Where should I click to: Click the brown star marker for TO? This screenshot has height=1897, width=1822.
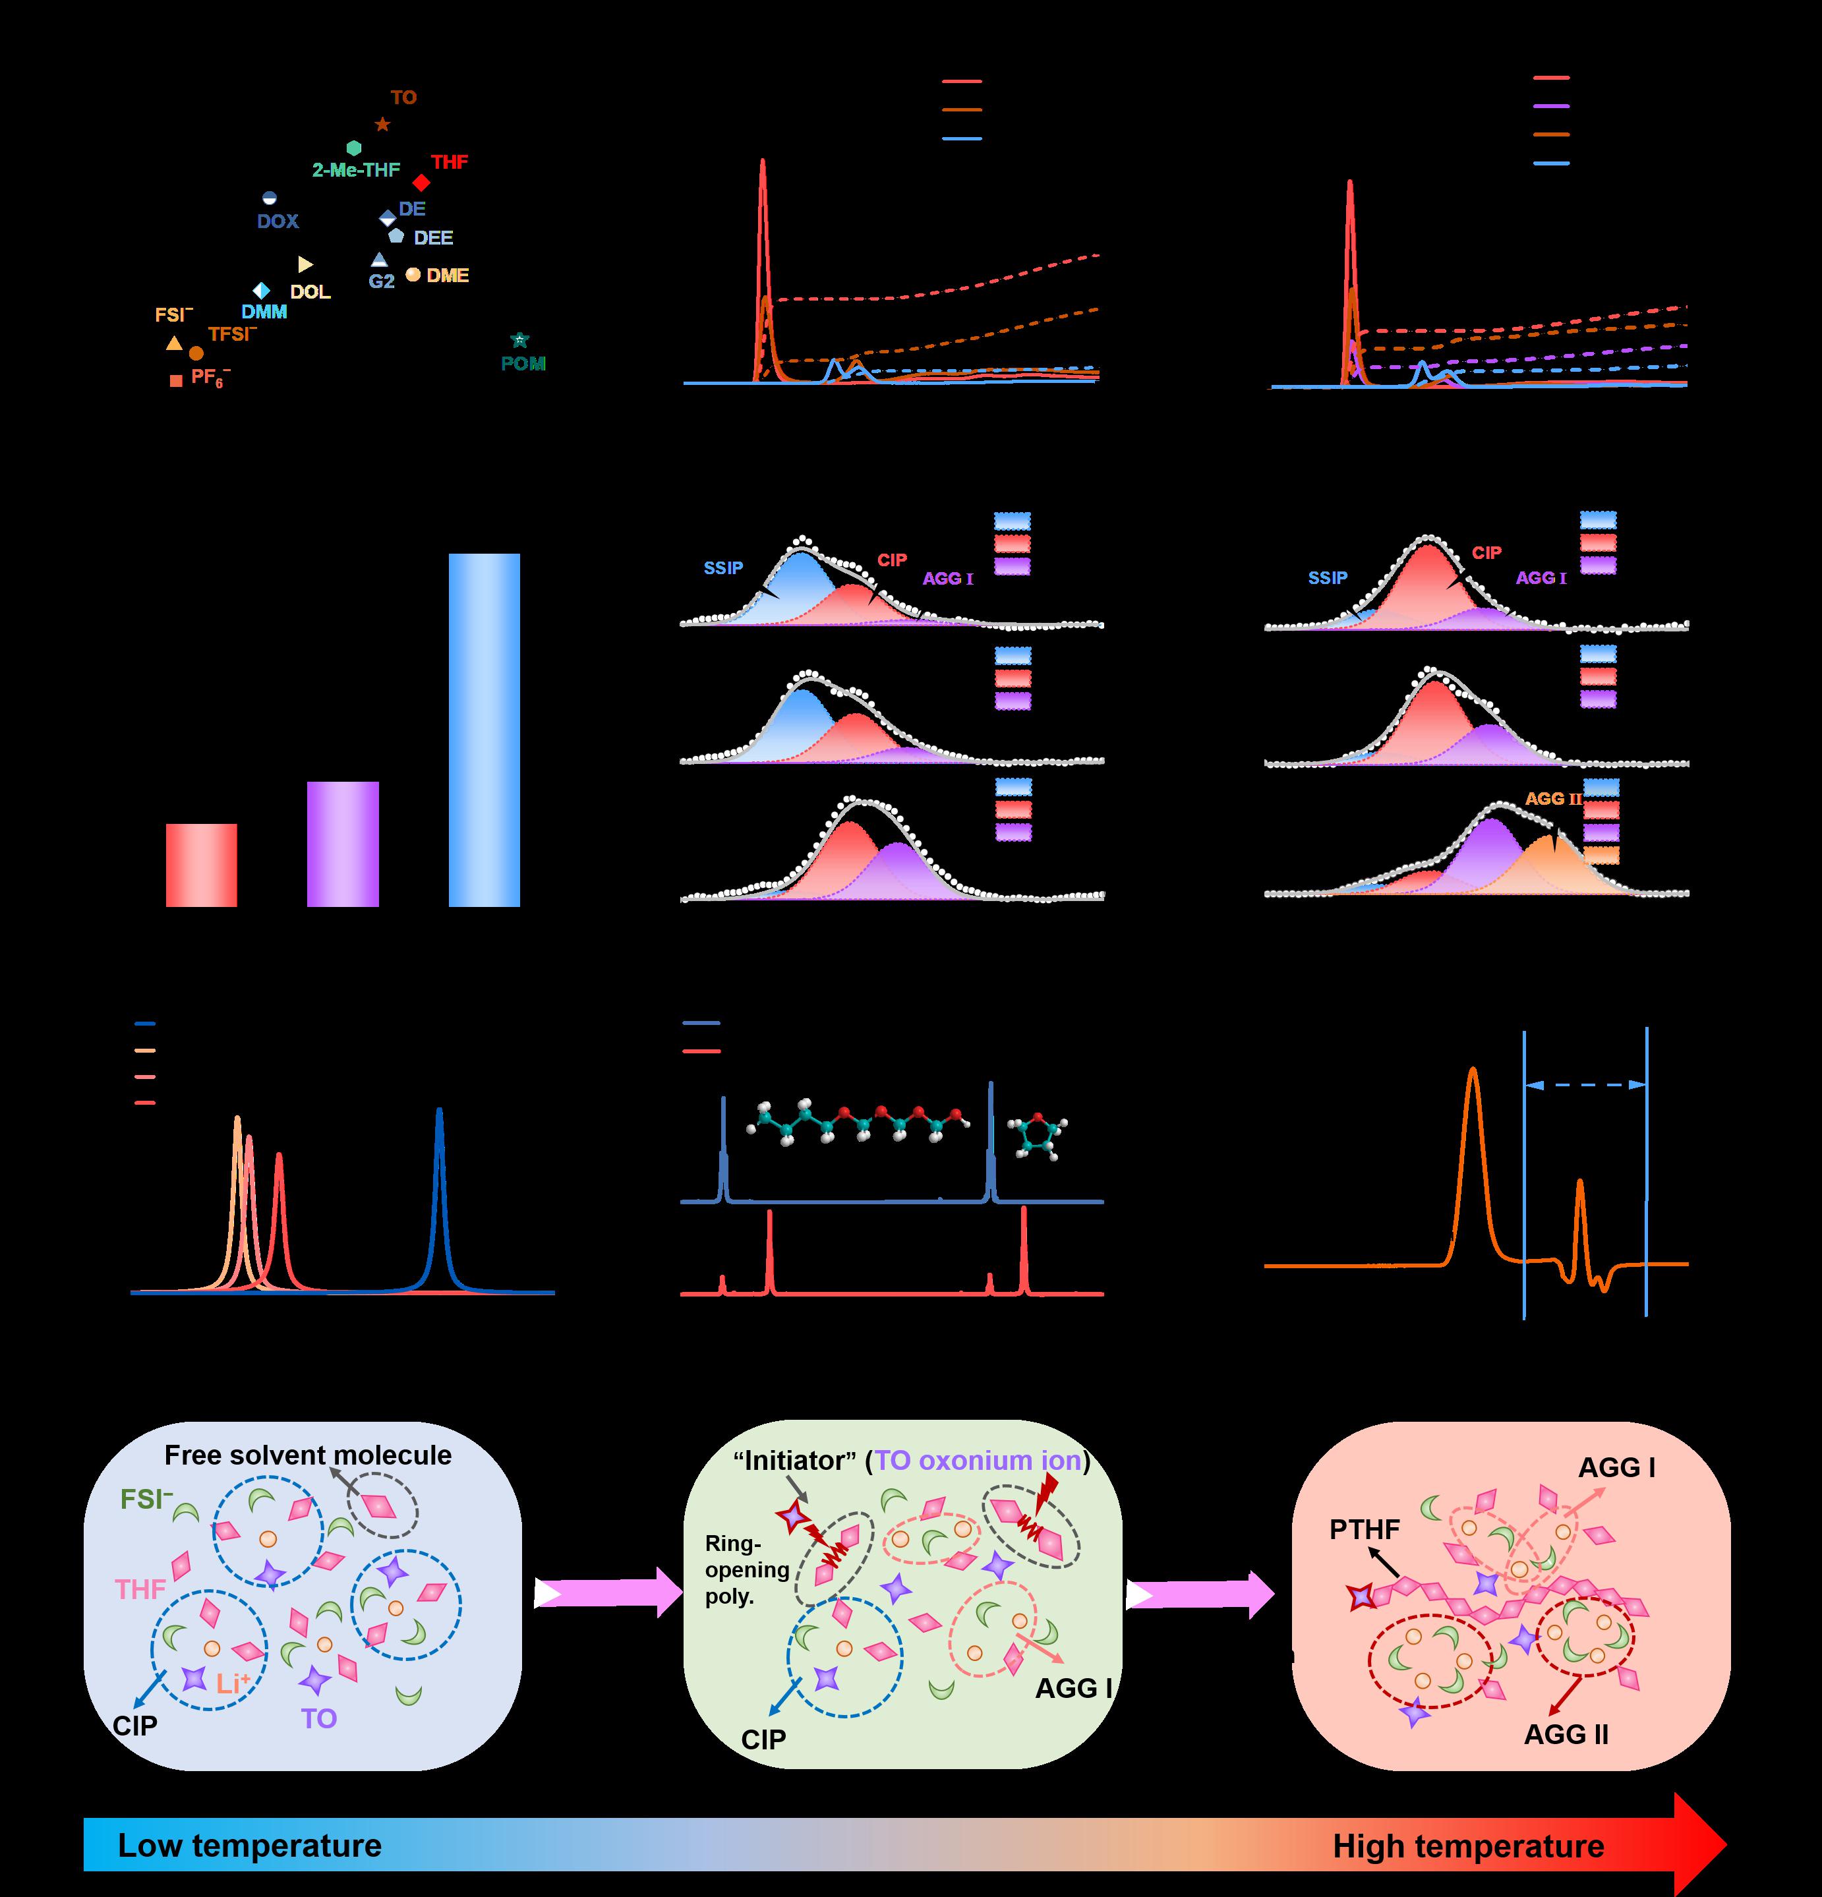[382, 125]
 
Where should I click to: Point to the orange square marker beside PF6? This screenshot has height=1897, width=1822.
[175, 382]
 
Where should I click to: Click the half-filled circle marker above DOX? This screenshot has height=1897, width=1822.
[269, 198]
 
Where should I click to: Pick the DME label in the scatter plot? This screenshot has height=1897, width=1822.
[448, 276]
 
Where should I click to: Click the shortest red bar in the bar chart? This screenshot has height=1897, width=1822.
[201, 865]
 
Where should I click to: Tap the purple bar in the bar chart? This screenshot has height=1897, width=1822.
[343, 844]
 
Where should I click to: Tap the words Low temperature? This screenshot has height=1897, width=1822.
[250, 1845]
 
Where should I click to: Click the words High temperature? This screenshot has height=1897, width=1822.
[1467, 1846]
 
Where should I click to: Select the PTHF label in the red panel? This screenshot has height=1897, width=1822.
[1364, 1529]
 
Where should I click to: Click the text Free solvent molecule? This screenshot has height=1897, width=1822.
[308, 1455]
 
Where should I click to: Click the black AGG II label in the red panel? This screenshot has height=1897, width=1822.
[1566, 1734]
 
